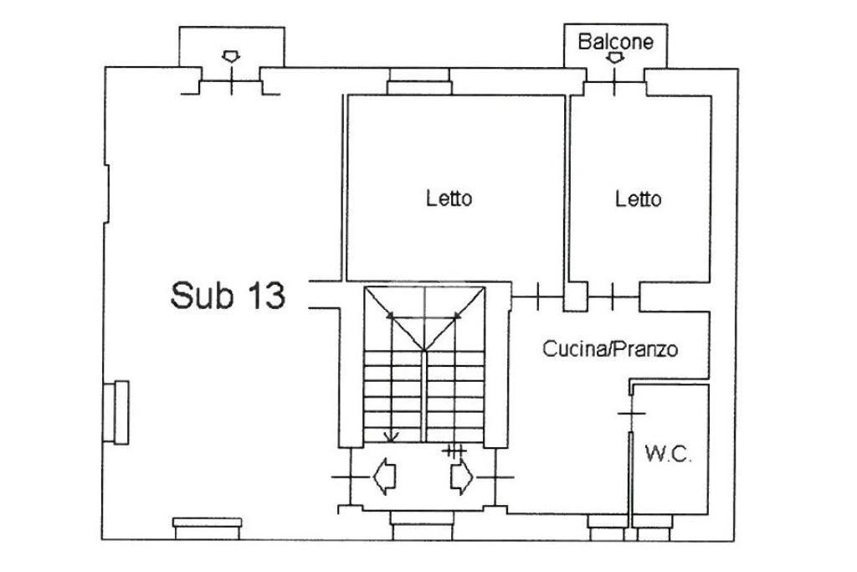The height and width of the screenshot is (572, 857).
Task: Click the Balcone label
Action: click(615, 41)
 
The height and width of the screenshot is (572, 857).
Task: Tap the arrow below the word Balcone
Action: click(615, 59)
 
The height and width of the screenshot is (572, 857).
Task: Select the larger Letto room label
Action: click(449, 199)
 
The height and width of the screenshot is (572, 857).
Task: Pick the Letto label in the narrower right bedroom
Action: click(638, 199)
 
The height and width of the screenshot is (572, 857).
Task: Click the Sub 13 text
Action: click(228, 296)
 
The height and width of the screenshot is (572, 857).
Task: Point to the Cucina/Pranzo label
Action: click(610, 349)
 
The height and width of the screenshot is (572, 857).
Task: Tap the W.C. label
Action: click(668, 455)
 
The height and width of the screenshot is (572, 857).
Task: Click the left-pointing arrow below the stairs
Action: click(384, 477)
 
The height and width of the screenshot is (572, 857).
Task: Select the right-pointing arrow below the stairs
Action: click(460, 477)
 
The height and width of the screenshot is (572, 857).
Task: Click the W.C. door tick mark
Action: click(632, 414)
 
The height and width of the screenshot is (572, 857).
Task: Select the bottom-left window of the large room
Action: click(208, 527)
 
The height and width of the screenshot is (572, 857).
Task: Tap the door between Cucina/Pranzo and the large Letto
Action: click(538, 294)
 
